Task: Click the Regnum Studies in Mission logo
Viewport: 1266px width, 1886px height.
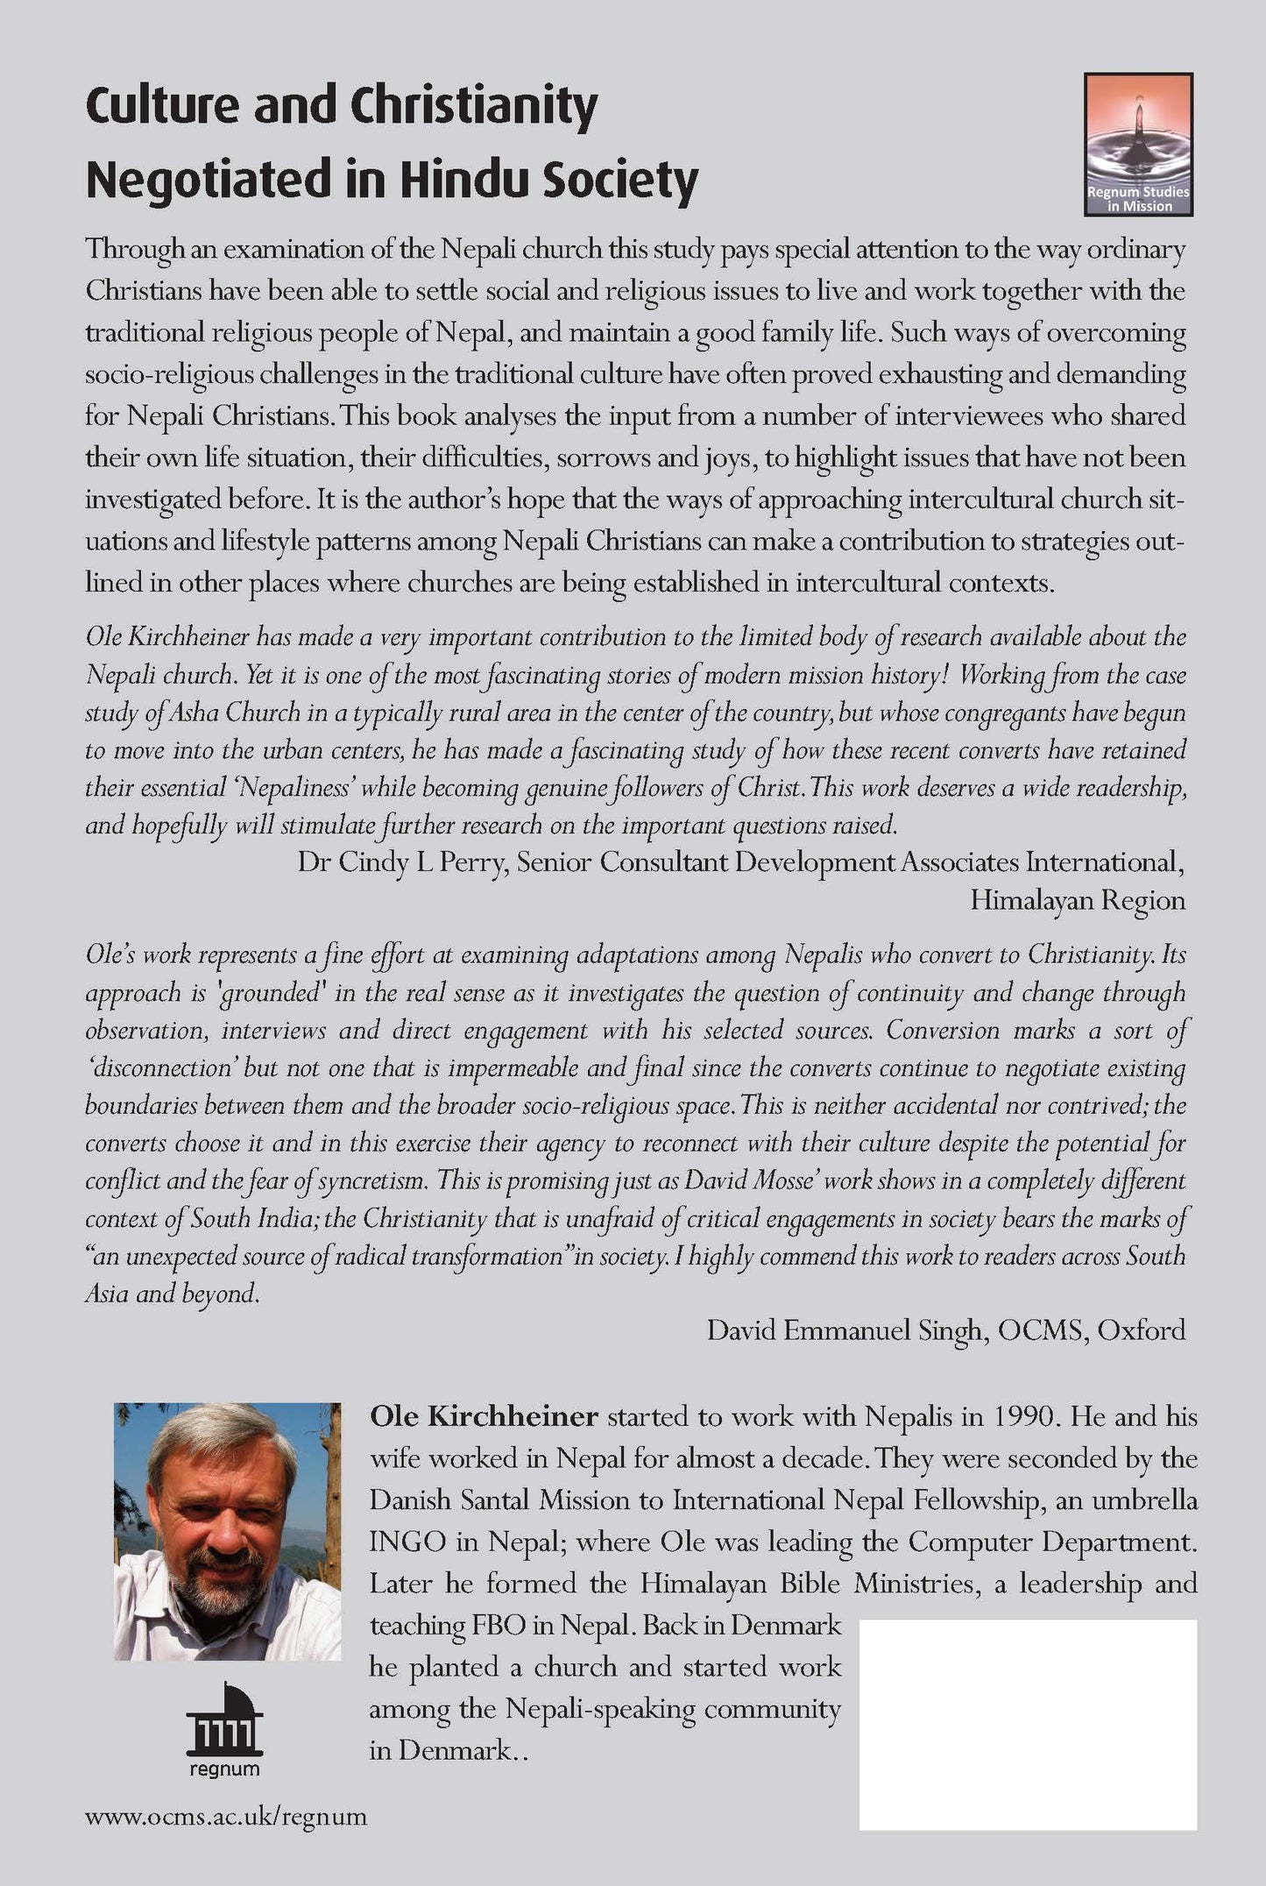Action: click(1138, 145)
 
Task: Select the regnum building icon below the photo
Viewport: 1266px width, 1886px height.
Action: click(224, 1724)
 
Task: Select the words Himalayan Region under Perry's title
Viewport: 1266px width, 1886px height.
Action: click(1077, 900)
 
